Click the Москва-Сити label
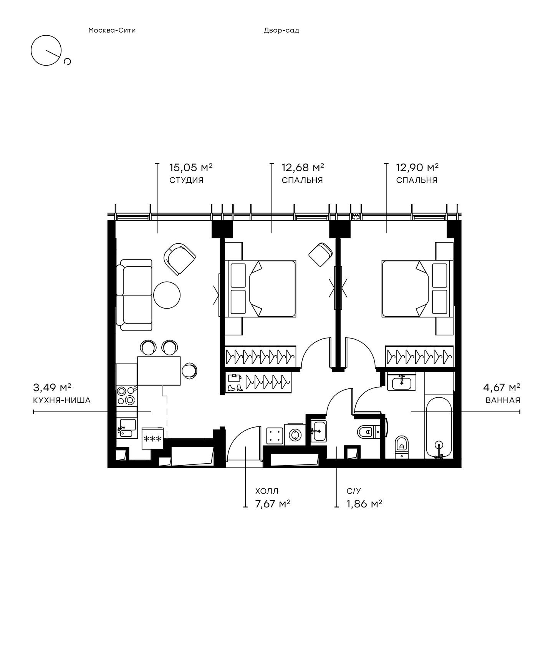click(112, 30)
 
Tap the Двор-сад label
click(281, 30)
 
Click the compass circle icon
click(46, 50)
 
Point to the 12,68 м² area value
click(303, 167)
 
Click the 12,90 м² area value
click(417, 167)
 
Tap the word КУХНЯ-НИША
click(62, 400)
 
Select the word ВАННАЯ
click(503, 400)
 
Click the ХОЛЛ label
click(267, 491)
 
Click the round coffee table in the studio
click(167, 295)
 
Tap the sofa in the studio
click(136, 295)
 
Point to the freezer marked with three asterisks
click(153, 438)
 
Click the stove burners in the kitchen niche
click(126, 396)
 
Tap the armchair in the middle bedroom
click(321, 254)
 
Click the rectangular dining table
click(159, 371)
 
